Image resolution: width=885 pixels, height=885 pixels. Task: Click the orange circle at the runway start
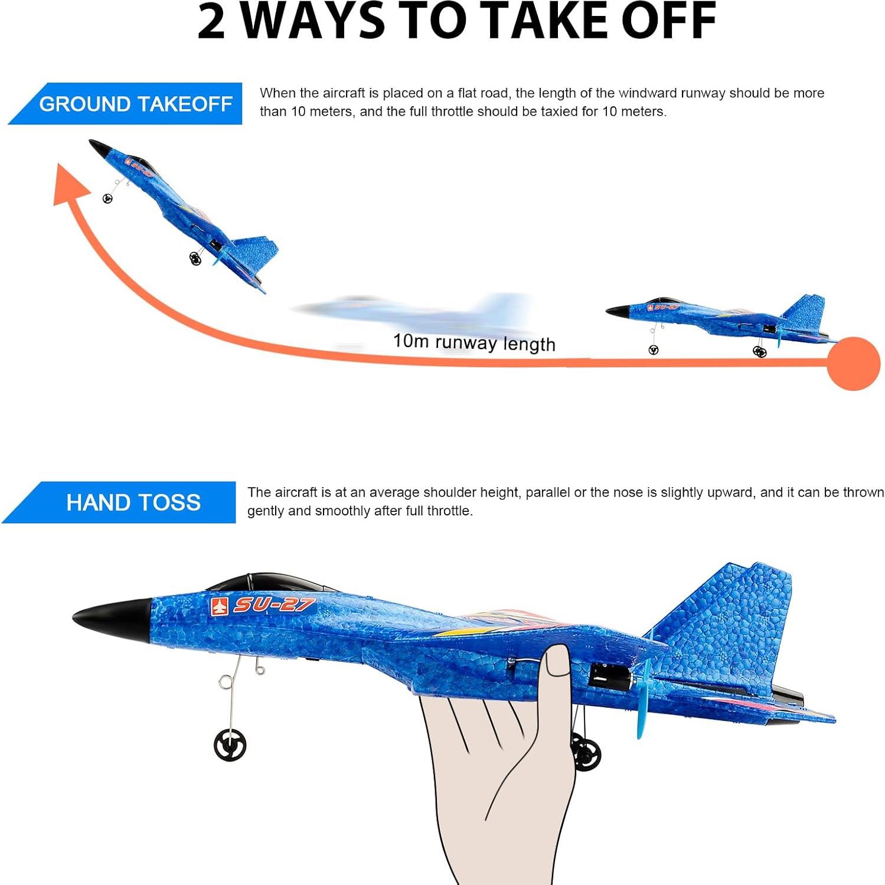[x=853, y=363]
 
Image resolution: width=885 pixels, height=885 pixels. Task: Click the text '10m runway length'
[x=474, y=342]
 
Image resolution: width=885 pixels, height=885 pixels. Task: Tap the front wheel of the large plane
[x=230, y=745]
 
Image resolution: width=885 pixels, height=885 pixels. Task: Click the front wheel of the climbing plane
[x=107, y=199]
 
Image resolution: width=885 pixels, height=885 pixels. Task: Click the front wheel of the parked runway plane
[x=653, y=350]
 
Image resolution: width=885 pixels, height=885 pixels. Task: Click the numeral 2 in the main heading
[x=211, y=22]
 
